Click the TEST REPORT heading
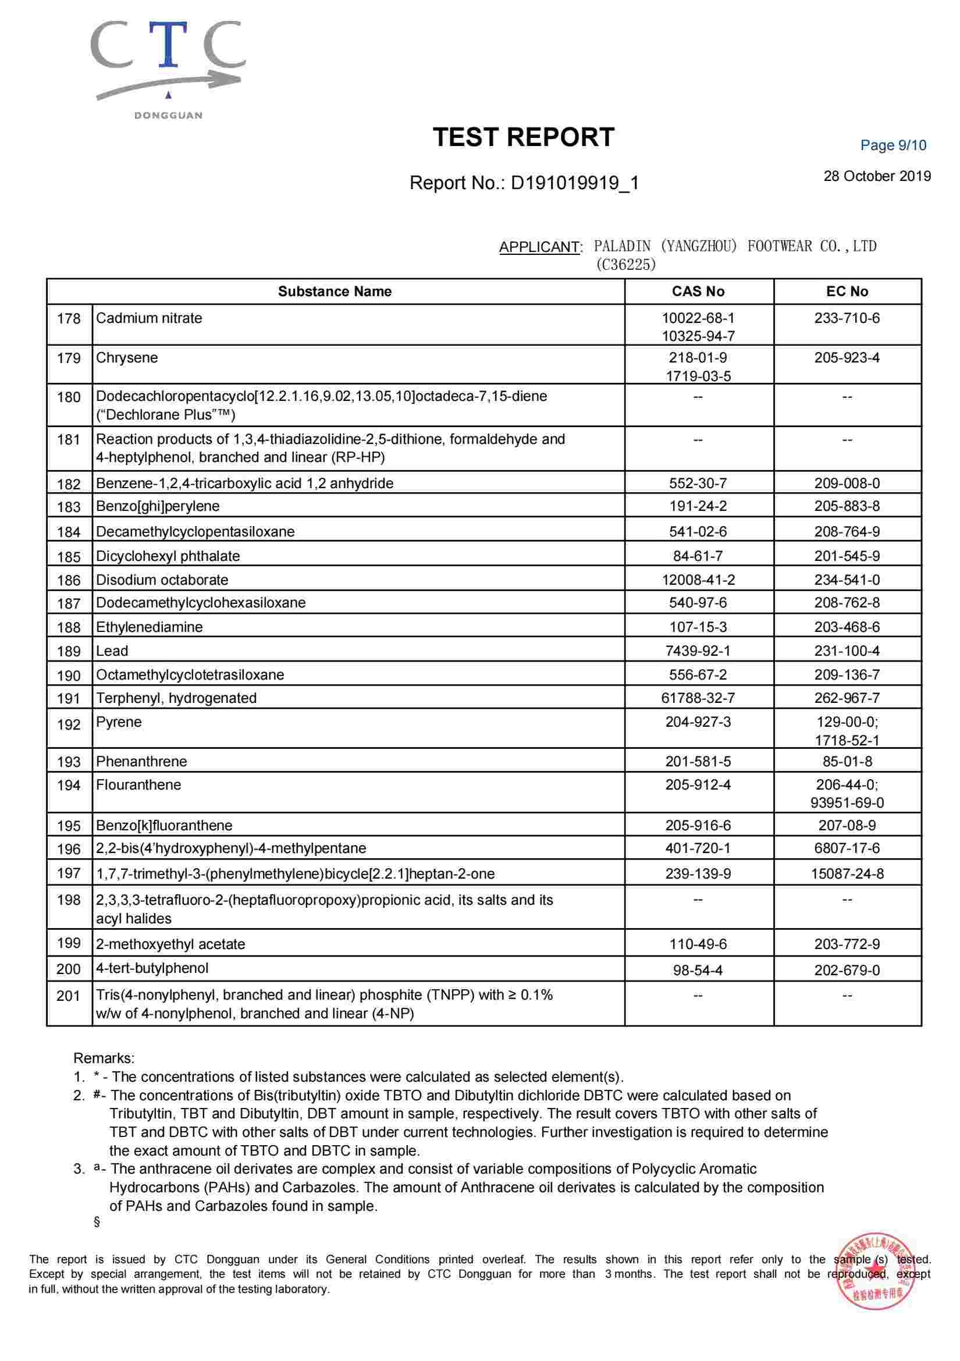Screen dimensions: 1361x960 (523, 137)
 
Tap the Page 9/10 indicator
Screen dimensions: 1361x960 (893, 145)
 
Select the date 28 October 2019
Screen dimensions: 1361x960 (876, 176)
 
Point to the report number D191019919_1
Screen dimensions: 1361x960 (574, 183)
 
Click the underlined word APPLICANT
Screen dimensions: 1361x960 (540, 247)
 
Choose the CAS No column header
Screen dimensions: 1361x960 (698, 292)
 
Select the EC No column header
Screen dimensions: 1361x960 (847, 292)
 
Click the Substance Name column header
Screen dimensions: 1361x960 (335, 292)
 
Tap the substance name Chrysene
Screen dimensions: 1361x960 (127, 358)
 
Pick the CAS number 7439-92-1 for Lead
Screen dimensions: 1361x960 (698, 651)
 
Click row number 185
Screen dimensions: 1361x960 (69, 557)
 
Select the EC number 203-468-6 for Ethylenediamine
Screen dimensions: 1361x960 (847, 627)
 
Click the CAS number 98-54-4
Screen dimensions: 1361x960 (698, 971)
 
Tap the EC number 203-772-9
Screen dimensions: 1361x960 (847, 944)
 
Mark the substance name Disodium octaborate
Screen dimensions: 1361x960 (162, 580)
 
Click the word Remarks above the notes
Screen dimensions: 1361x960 (104, 1058)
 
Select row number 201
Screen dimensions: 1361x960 (69, 996)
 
